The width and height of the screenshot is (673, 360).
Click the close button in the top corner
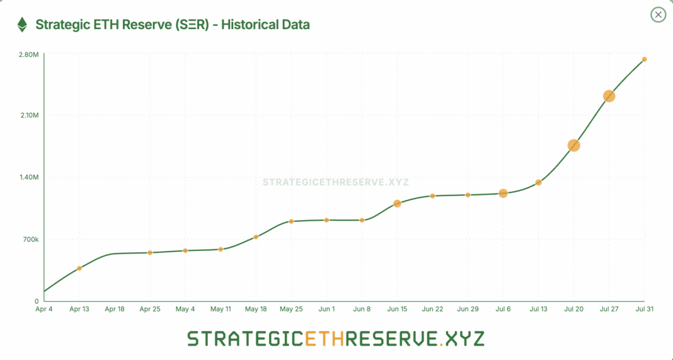(x=658, y=15)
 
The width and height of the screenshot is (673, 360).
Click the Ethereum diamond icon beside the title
(x=22, y=25)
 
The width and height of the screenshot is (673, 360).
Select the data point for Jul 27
(x=609, y=96)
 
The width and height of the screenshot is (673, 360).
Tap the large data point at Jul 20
(x=573, y=145)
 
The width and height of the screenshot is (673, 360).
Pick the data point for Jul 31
(x=644, y=59)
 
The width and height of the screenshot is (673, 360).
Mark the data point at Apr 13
(x=79, y=269)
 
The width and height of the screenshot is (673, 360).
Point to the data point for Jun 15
(x=397, y=204)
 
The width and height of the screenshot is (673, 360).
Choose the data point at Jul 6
(x=503, y=193)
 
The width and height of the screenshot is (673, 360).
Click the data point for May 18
(x=256, y=237)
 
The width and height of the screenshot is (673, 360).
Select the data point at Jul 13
(x=538, y=183)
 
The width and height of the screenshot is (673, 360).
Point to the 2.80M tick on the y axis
(x=29, y=55)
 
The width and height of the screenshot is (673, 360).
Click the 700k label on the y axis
(x=30, y=240)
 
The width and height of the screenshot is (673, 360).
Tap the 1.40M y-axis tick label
(x=29, y=178)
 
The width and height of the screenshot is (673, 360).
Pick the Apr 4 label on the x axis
(x=44, y=310)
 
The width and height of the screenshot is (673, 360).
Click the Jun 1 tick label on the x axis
(x=326, y=310)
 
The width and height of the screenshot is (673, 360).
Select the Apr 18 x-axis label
(x=115, y=310)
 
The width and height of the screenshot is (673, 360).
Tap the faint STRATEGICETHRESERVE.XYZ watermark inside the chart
(x=336, y=182)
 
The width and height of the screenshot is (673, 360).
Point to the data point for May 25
(x=291, y=221)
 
